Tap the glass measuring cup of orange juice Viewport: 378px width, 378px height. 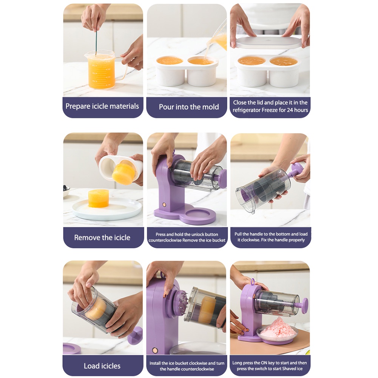[x=104, y=69]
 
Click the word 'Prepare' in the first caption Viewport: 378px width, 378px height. [x=78, y=106]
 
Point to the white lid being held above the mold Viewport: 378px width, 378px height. [x=268, y=42]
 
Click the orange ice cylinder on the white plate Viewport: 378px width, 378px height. [x=98, y=198]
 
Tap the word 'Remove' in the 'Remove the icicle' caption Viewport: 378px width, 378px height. [x=86, y=238]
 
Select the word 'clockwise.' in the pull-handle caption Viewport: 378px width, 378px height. [x=251, y=240]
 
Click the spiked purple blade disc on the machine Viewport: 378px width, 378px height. [x=181, y=301]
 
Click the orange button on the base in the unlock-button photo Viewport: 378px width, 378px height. [x=164, y=205]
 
